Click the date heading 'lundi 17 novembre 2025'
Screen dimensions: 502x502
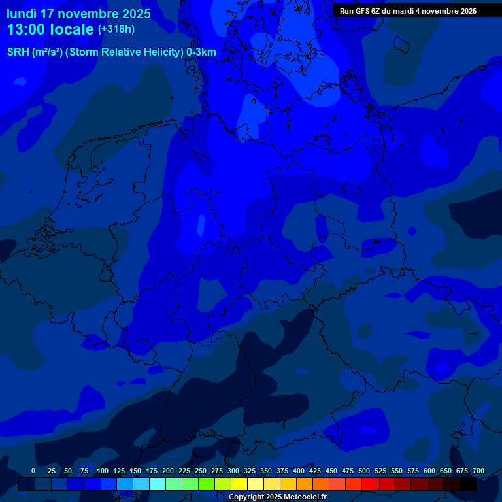click(x=78, y=14)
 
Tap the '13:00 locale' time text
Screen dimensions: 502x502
click(x=50, y=30)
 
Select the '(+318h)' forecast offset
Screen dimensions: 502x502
click(x=116, y=29)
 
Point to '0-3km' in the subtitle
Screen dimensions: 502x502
click(x=201, y=52)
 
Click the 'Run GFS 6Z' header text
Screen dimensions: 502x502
click(x=365, y=11)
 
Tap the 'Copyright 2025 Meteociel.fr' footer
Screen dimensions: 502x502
click(x=277, y=497)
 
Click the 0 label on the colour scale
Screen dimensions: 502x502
click(x=33, y=471)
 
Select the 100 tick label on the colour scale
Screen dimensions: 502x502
click(x=103, y=471)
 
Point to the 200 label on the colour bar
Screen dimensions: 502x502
click(x=168, y=471)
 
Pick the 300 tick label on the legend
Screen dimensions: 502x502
click(x=233, y=471)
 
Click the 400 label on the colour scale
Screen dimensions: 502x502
click(x=299, y=471)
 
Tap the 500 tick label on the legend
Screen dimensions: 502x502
click(x=364, y=471)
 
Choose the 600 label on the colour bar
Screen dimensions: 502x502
click(x=429, y=471)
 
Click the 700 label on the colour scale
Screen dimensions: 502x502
click(x=478, y=471)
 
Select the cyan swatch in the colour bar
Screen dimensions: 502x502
click(x=158, y=484)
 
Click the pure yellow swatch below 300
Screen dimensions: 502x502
click(x=239, y=484)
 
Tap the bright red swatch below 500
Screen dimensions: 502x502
click(x=370, y=484)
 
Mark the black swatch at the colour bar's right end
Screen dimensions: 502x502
click(x=468, y=484)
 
